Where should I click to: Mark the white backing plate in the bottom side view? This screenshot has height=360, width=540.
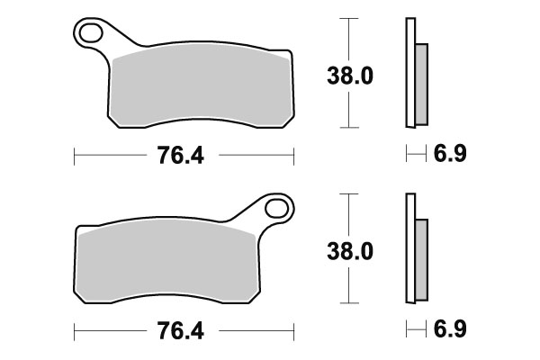(x=409, y=247)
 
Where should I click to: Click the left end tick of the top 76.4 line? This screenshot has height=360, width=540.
(x=73, y=157)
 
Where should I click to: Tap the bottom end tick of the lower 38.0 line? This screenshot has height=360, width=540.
(x=346, y=302)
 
